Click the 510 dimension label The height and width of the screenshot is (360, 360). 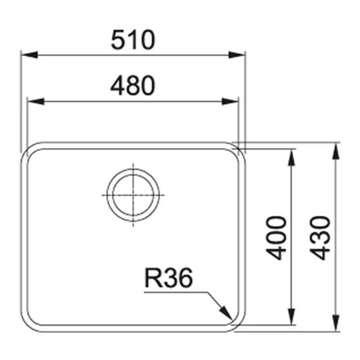point(133,40)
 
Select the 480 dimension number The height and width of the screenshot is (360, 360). point(133,85)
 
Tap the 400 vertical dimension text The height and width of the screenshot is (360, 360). point(276,238)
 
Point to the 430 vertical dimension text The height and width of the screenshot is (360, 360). point(320,238)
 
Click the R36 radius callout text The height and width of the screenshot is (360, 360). point(169,278)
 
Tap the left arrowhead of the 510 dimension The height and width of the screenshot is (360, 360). point(29,55)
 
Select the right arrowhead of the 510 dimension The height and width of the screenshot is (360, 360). point(237,55)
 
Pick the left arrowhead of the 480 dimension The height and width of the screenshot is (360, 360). point(36,101)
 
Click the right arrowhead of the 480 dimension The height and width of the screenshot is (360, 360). point(230,101)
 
